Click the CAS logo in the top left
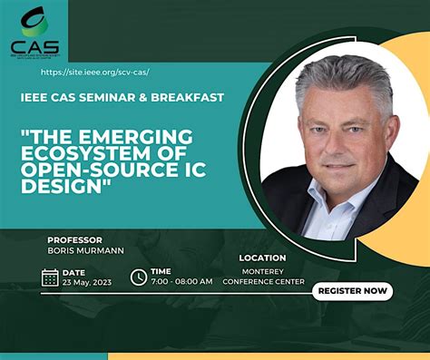coord(34,31)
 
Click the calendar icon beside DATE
coord(50,277)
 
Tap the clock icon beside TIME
coord(139,277)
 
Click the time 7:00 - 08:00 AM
coord(181,282)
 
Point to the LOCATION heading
coord(263,258)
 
